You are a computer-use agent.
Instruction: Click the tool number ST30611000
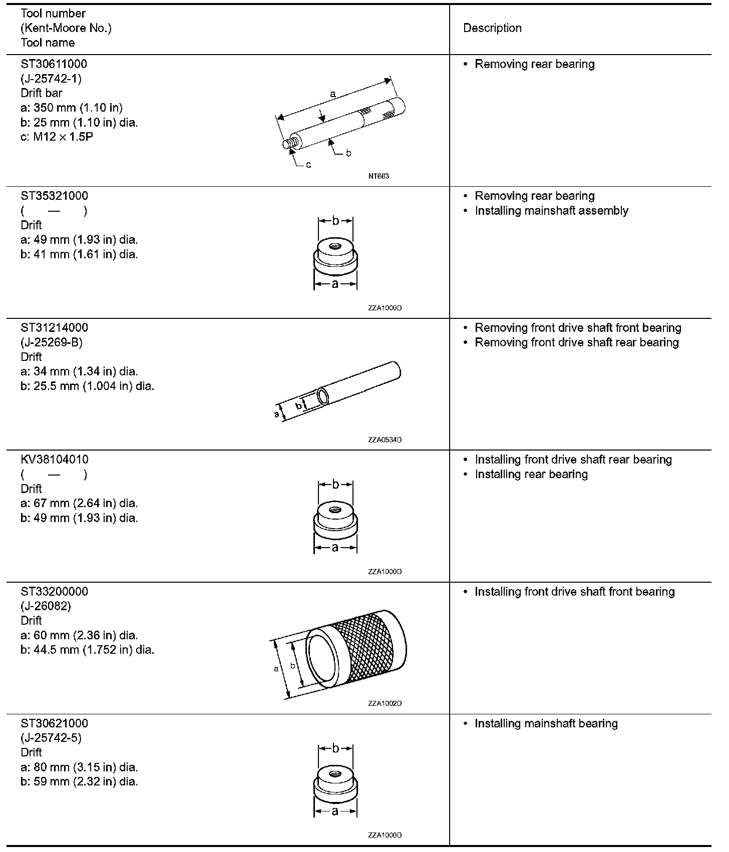coord(54,64)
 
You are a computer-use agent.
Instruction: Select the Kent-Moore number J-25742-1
coord(51,79)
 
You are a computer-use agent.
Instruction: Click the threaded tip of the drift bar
coord(289,143)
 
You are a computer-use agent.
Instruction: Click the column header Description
coord(492,28)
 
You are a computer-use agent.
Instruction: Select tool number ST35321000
coord(54,196)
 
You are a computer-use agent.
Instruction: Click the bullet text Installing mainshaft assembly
coord(551,211)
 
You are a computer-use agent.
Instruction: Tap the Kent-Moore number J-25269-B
coord(51,342)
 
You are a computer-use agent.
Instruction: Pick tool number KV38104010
coord(54,460)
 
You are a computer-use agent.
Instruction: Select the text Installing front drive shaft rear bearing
coord(573,460)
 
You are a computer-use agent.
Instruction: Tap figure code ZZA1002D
coord(385,703)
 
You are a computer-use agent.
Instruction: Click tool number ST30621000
coord(54,723)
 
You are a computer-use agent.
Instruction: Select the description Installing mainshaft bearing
coord(546,723)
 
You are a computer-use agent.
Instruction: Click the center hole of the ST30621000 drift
coord(335,773)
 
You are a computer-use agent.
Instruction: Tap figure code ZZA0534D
coord(385,440)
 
